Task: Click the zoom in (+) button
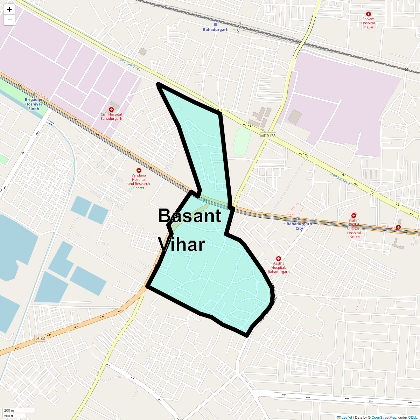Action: click(x=9, y=9)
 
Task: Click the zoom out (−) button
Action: click(x=9, y=20)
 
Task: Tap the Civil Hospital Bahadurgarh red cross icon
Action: click(x=111, y=110)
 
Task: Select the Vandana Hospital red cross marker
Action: click(x=139, y=170)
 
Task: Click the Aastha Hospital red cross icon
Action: click(x=279, y=259)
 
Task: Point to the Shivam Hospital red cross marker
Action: click(x=368, y=14)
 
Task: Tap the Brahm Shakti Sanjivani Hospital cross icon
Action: click(x=354, y=216)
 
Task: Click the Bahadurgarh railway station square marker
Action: click(x=216, y=24)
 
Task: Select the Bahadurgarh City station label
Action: click(x=299, y=226)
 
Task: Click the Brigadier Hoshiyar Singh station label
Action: click(x=34, y=104)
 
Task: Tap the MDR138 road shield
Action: click(x=268, y=135)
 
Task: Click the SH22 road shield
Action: click(x=40, y=338)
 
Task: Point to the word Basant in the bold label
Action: click(x=190, y=216)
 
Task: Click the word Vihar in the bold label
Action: click(x=181, y=244)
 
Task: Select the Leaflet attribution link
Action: click(x=346, y=417)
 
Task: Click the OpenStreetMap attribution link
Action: click(x=384, y=417)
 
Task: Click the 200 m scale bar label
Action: click(x=9, y=411)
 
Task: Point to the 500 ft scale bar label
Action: click(x=9, y=416)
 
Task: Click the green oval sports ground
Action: click(x=241, y=141)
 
